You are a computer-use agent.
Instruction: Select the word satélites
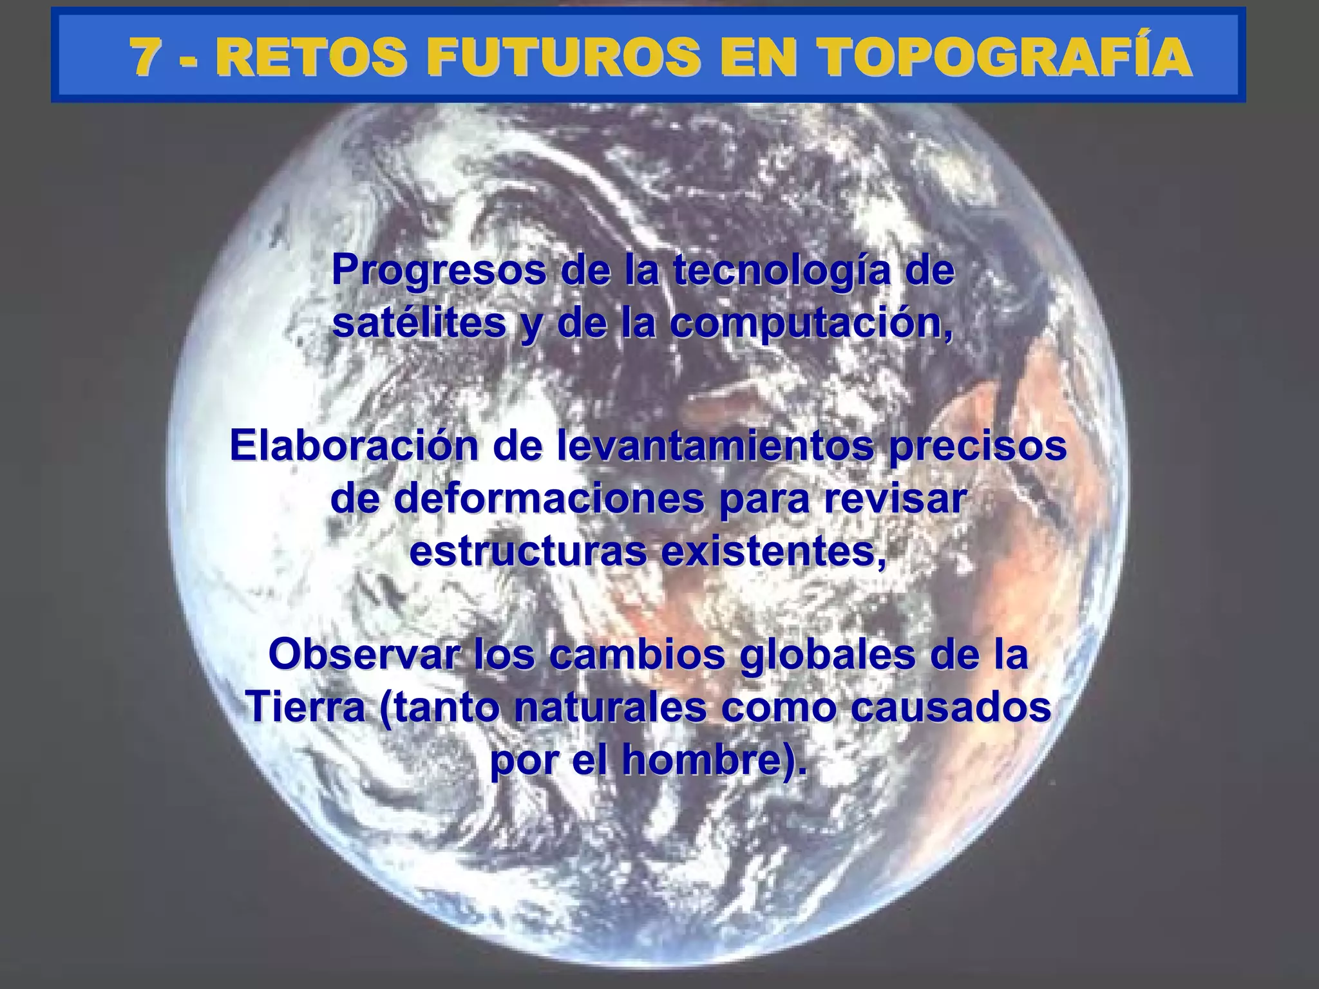419,323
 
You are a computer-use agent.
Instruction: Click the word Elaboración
354,446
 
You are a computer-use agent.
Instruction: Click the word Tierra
305,708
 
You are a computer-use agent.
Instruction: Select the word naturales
609,708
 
